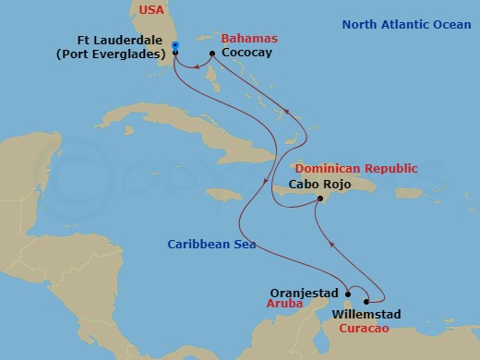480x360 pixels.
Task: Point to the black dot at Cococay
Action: (x=212, y=54)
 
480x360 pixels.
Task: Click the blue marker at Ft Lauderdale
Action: (x=174, y=46)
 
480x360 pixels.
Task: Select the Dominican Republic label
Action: (x=355, y=169)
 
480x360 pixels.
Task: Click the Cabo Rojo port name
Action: (x=319, y=184)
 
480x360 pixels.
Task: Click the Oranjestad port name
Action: (x=304, y=288)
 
